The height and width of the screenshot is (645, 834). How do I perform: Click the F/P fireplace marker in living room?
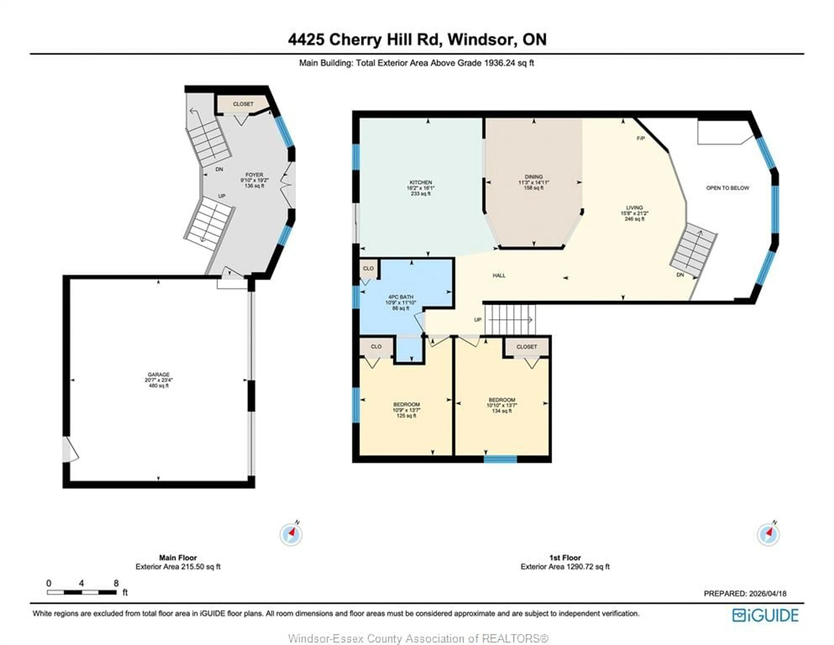[641, 138]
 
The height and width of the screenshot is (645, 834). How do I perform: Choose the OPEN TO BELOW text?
[727, 188]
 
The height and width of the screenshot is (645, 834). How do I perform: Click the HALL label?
[499, 275]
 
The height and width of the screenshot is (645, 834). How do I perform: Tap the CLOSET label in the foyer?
[243, 104]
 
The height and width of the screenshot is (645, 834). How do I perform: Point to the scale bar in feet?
[82, 592]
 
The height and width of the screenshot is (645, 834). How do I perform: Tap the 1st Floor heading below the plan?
[564, 557]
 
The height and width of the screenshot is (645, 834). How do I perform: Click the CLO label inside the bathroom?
[368, 268]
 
